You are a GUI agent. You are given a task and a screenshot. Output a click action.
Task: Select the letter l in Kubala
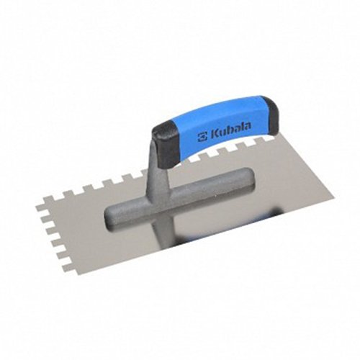pyautogui.click(x=242, y=127)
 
